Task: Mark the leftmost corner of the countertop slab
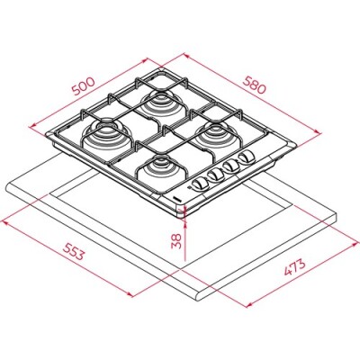click(7, 184)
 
